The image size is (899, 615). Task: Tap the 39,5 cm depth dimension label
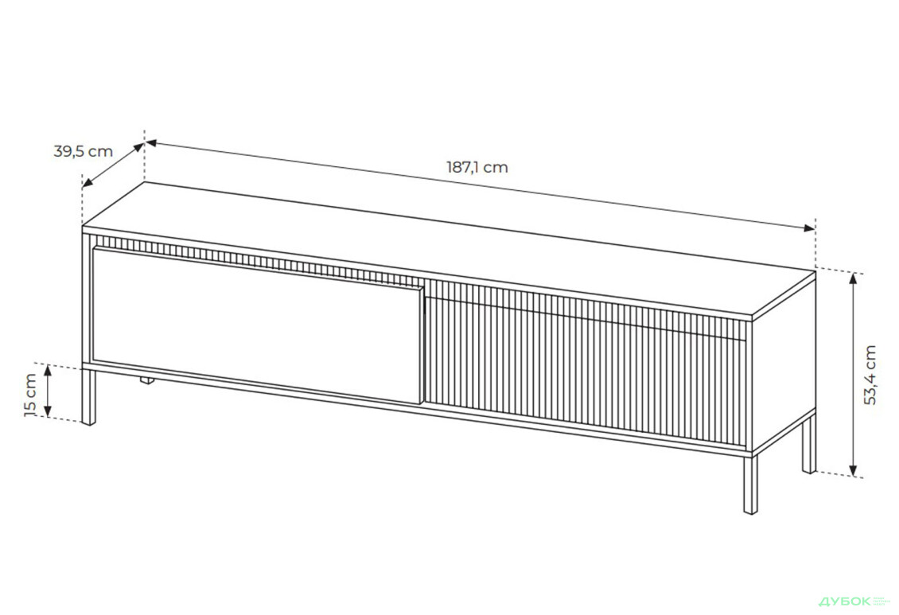[83, 151]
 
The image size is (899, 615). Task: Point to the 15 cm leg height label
[30, 395]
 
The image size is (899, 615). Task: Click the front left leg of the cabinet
[88, 397]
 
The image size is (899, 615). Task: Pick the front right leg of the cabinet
[749, 484]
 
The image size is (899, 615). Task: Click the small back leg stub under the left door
[146, 382]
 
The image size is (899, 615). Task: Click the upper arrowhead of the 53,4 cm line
[854, 277]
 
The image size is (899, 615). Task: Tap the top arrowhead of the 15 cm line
[48, 369]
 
